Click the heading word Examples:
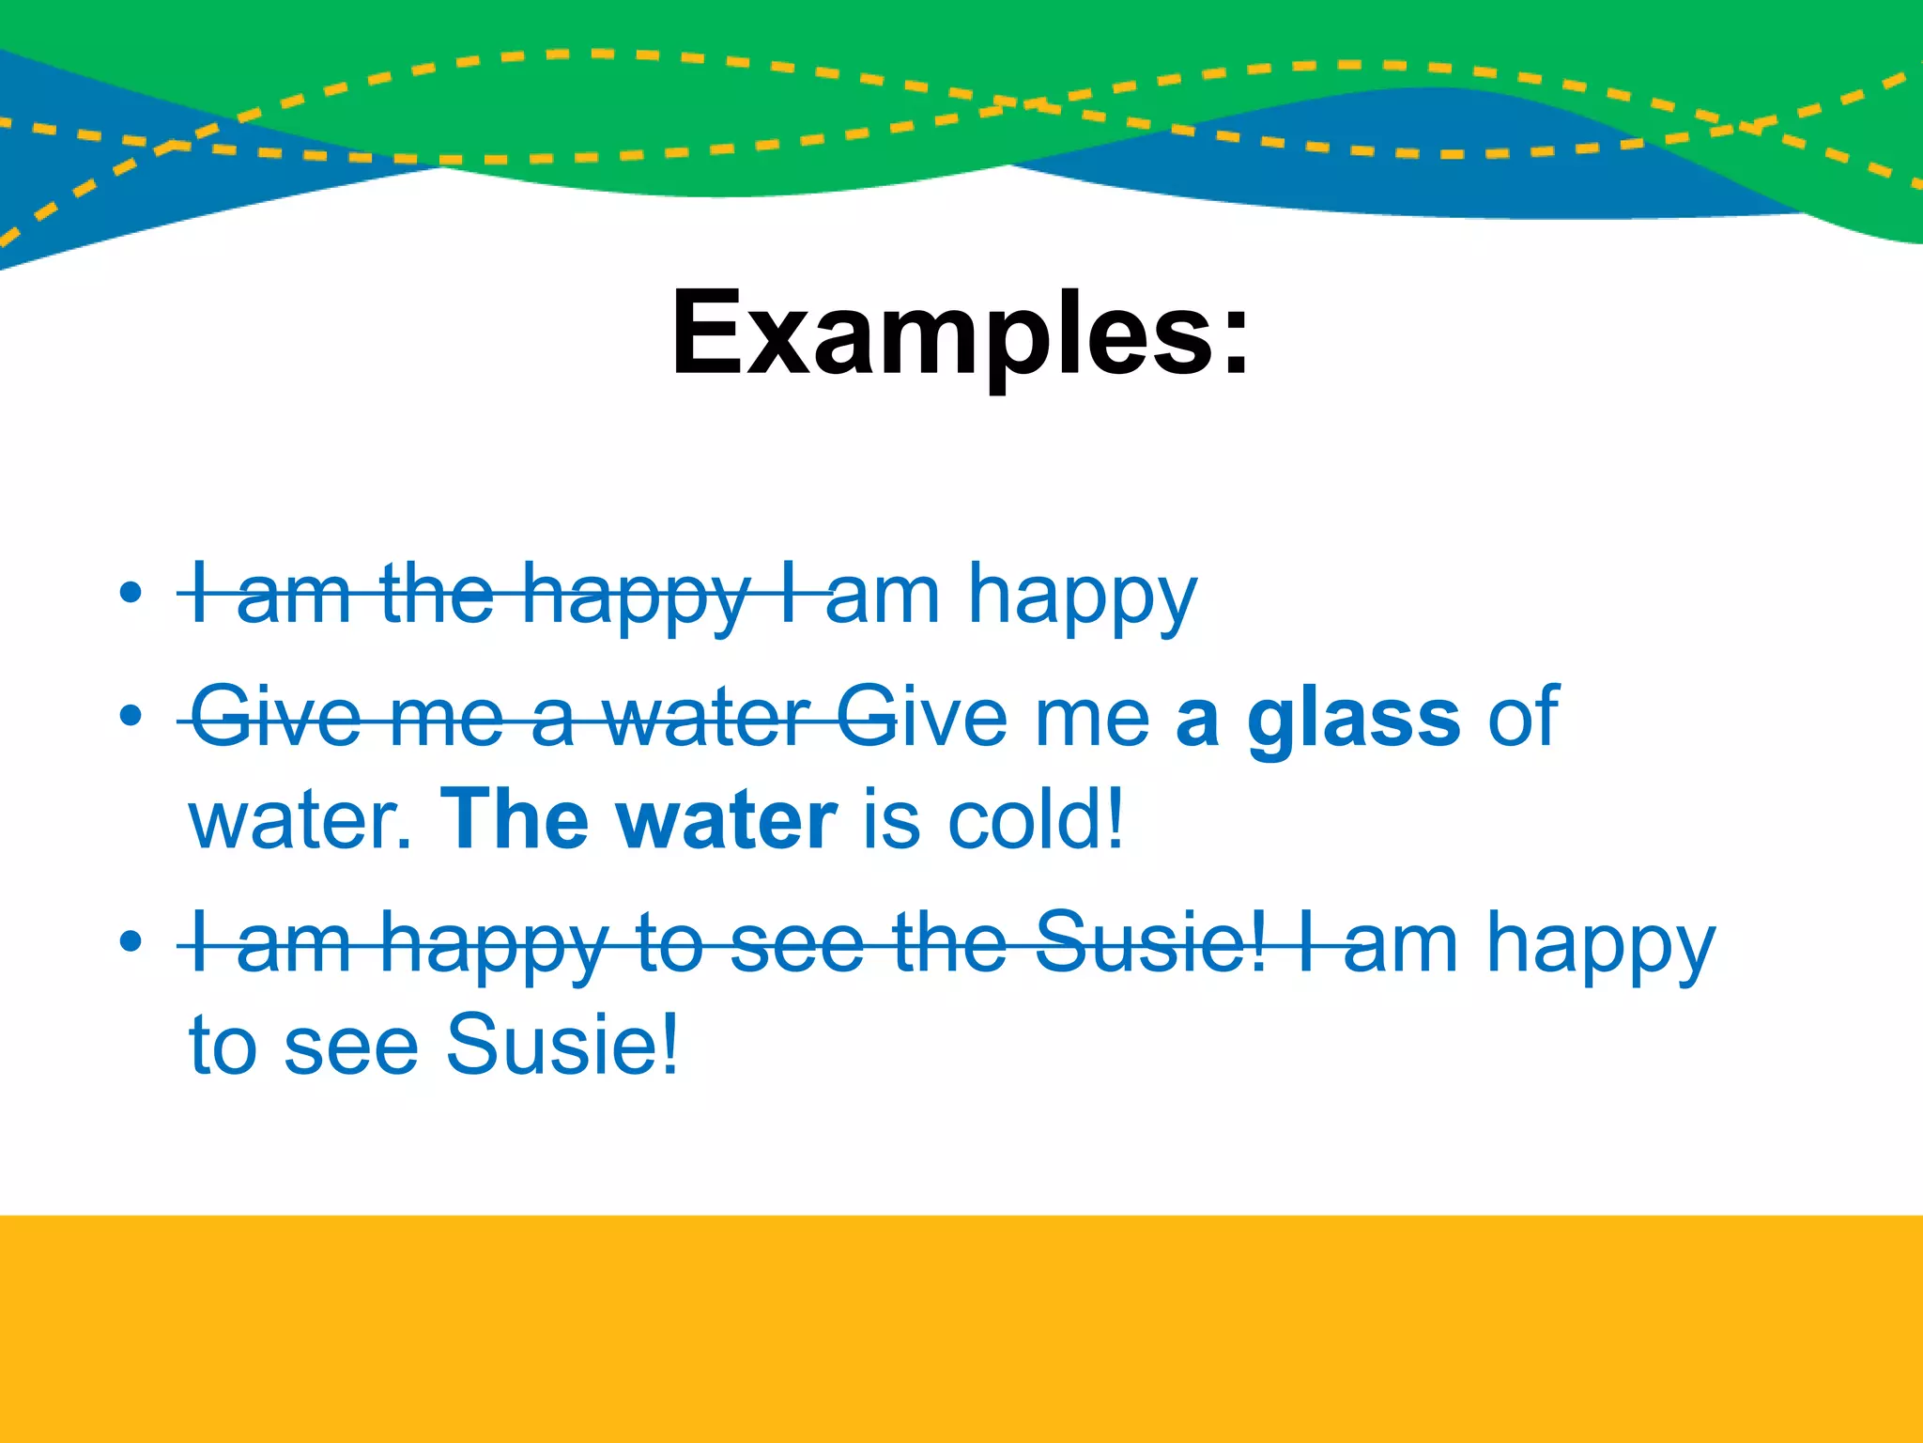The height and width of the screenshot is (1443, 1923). tap(960, 334)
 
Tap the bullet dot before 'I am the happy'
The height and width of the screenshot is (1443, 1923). tap(131, 593)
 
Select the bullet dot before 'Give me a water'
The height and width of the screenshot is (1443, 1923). tap(131, 717)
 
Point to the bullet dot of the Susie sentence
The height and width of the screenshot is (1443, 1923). tap(131, 941)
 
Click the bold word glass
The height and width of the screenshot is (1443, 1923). tap(1353, 719)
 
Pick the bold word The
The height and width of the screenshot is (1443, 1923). tap(513, 819)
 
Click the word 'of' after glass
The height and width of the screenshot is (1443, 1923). tap(1522, 719)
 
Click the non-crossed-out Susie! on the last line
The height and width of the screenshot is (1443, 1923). tap(562, 1044)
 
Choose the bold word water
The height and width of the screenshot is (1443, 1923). tap(726, 819)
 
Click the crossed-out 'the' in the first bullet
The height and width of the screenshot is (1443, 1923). tap(437, 594)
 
